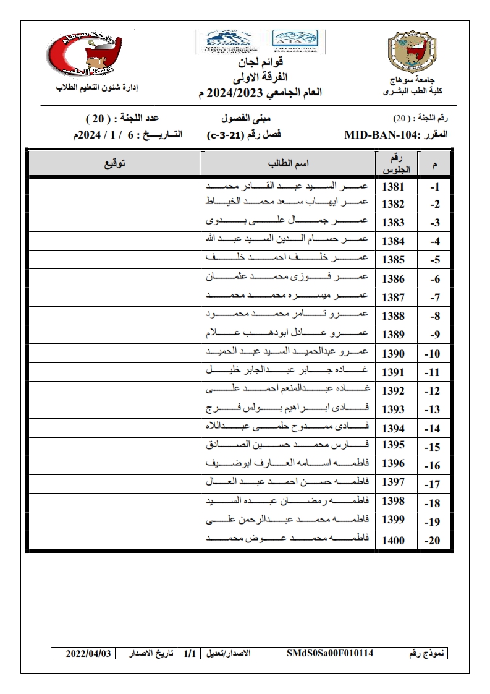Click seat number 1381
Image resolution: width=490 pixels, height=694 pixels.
coord(393,186)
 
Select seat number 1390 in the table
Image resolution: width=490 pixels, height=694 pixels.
coord(393,354)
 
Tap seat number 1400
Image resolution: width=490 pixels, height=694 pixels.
coord(393,541)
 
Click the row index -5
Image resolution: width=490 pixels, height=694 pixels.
coord(434,261)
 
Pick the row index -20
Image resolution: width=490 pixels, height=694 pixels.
coord(433,541)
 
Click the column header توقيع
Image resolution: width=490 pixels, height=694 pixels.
coord(114,164)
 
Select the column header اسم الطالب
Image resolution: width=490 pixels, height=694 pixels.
coord(287,164)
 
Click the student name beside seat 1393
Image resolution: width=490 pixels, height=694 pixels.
coord(287,409)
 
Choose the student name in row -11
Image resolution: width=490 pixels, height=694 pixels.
coord(287,372)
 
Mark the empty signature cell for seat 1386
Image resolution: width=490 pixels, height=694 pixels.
coord(114,280)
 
